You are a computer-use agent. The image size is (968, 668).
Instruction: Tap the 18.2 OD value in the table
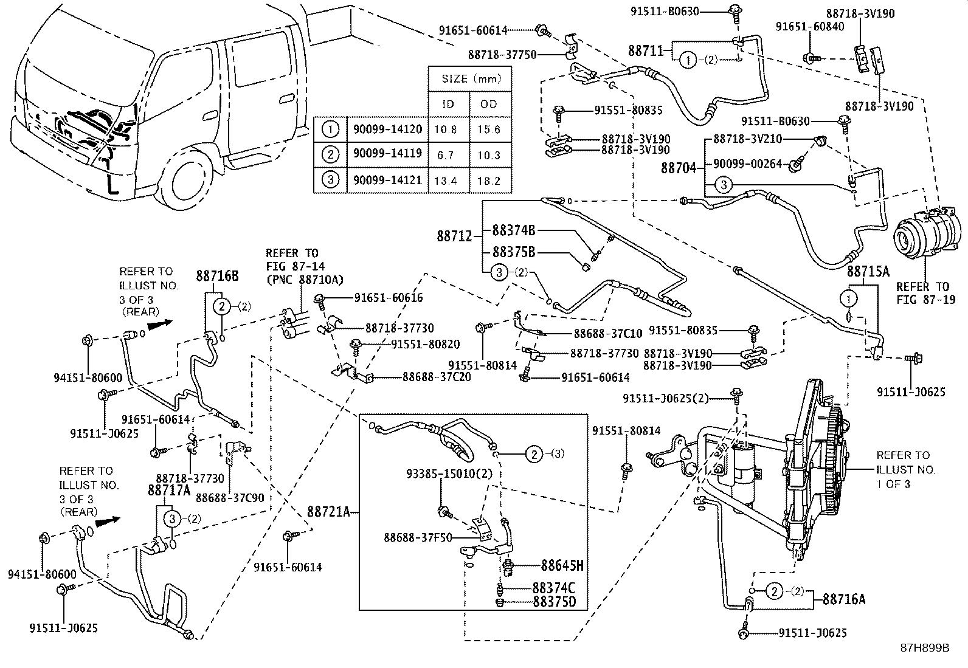488,181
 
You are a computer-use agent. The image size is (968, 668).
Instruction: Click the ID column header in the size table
448,104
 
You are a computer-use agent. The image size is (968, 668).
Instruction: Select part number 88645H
562,566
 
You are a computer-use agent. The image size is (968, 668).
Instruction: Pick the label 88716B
217,277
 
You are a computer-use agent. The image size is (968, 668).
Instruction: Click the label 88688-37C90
229,497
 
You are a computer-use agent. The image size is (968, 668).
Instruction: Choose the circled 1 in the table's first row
330,129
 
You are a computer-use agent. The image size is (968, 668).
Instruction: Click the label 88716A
844,599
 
